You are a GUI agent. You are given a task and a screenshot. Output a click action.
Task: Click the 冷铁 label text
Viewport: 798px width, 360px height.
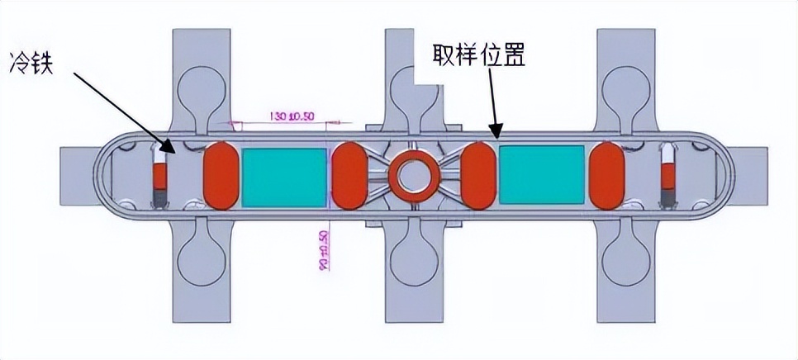(31, 63)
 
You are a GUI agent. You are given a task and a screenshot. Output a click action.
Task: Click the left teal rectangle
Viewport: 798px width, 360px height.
(284, 176)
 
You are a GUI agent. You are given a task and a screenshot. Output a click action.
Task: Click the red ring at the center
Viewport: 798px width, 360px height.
(411, 175)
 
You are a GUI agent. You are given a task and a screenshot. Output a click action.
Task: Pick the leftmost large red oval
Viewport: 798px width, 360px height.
(221, 175)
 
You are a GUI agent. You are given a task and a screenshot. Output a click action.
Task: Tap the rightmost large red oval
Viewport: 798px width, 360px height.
(608, 175)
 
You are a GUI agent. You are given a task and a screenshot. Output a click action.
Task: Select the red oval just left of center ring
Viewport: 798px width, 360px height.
(349, 175)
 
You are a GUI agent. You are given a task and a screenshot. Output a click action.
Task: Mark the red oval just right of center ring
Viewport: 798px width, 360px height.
(478, 175)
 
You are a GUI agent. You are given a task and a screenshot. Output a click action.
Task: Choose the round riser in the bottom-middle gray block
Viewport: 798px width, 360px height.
(411, 261)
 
